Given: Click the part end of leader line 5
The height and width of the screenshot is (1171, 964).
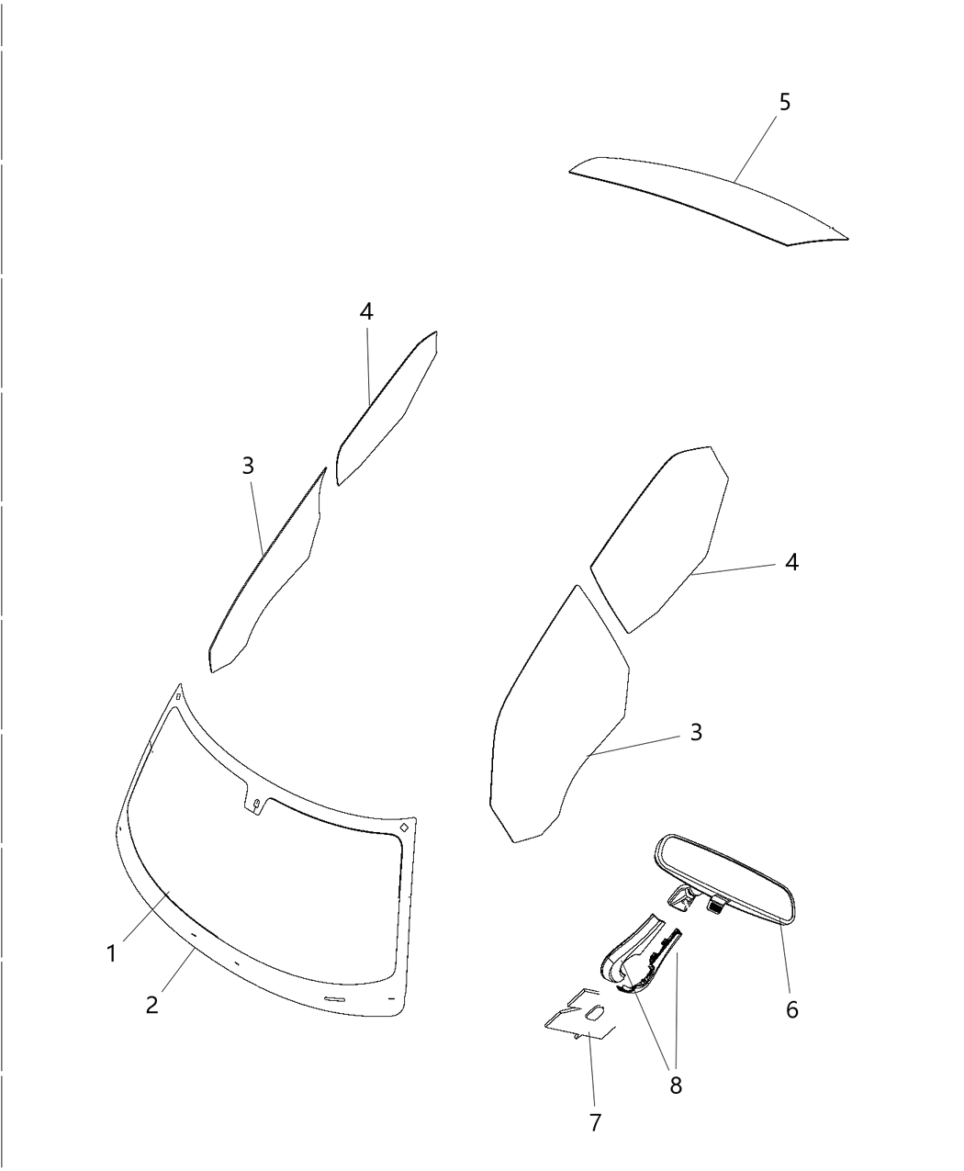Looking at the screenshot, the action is click(x=734, y=181).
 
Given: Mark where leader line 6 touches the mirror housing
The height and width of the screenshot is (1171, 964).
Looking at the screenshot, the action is click(x=780, y=923).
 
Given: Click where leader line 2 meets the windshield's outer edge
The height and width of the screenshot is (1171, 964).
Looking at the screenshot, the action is click(x=195, y=949).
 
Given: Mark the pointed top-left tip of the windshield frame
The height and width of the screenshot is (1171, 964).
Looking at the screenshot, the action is click(x=180, y=683).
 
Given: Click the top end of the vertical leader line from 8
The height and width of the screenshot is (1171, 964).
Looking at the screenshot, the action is click(x=677, y=951).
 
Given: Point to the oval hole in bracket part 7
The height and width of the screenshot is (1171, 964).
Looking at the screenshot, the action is click(x=594, y=1013).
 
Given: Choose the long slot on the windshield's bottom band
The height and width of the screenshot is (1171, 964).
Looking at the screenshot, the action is click(x=335, y=999).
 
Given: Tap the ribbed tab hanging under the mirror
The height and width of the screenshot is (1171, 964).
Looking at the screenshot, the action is click(x=717, y=906).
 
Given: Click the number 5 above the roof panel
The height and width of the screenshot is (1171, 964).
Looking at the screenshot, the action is click(x=785, y=102).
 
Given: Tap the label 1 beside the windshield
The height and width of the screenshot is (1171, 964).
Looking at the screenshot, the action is click(x=112, y=953).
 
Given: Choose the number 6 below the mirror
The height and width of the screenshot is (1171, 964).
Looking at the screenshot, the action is click(x=791, y=1009).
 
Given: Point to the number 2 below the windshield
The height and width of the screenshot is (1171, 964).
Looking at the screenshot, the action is click(x=152, y=1005).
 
